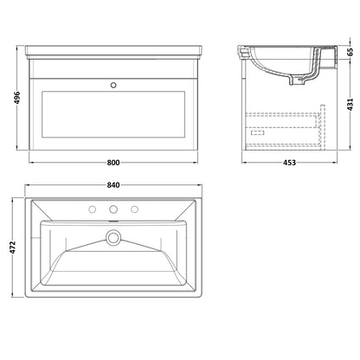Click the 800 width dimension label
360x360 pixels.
click(113, 163)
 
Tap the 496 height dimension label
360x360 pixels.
click(17, 98)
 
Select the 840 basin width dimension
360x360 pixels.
click(113, 185)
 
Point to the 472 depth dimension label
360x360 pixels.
click(13, 247)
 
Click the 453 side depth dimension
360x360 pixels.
click(289, 163)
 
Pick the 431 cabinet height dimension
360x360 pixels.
click(350, 105)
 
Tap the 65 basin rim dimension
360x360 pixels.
click(350, 52)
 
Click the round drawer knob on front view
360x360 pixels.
click(113, 85)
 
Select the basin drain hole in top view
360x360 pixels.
click(113, 237)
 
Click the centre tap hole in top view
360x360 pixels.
click(113, 209)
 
